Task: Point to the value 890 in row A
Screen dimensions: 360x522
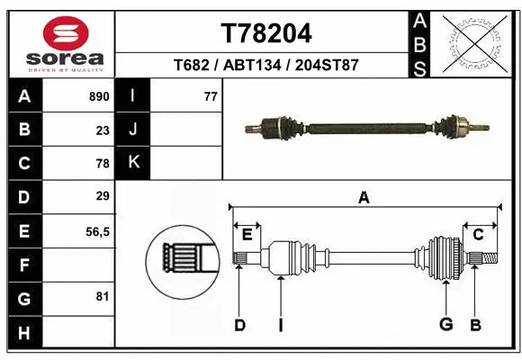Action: pos(98,96)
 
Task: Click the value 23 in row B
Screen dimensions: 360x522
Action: pos(102,130)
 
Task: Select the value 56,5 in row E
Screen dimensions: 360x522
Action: pos(96,231)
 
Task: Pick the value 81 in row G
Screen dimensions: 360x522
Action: pos(102,296)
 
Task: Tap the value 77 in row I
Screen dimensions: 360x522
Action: pos(211,96)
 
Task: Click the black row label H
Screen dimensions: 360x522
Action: pos(24,332)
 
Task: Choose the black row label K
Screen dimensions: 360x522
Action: pos(133,163)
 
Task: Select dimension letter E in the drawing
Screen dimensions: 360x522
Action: pos(247,235)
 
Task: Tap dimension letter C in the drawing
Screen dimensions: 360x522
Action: pos(478,235)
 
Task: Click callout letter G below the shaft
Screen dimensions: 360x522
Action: pos(445,324)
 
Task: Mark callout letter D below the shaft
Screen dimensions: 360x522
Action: pos(239,324)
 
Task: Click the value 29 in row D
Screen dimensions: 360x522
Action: pos(102,196)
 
